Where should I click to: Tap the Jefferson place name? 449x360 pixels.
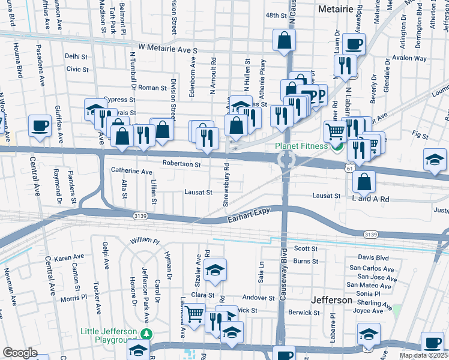point(332,299)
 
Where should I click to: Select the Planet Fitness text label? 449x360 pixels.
point(301,146)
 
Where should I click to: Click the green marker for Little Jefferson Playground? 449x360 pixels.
point(145,334)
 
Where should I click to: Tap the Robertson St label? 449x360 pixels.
point(181,163)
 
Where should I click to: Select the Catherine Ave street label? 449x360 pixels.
point(131,171)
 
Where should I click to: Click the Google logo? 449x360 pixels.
point(20,353)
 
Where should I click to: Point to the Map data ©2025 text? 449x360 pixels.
point(423,355)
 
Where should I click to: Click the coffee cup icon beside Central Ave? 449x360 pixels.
point(40,126)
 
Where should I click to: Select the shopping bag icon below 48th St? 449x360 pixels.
point(285,41)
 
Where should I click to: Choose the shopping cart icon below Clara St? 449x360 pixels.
point(194,314)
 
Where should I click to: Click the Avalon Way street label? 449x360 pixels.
point(409,59)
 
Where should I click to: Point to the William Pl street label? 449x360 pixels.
point(145,241)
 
